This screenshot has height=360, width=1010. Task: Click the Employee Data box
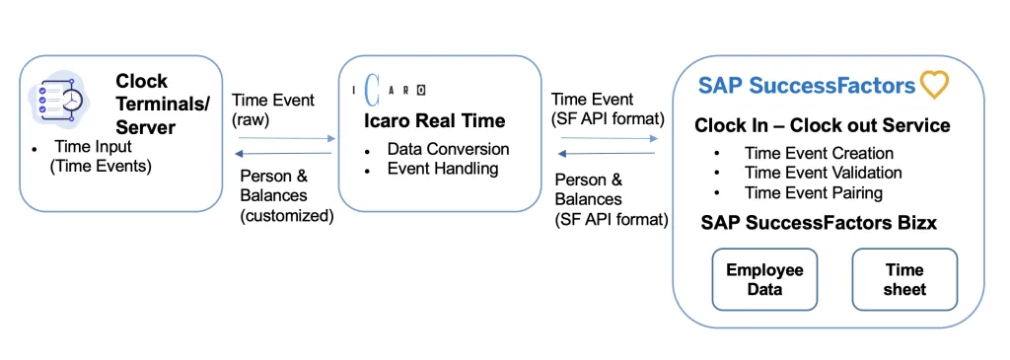pyautogui.click(x=764, y=279)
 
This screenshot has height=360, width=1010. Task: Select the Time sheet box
pyautogui.click(x=904, y=279)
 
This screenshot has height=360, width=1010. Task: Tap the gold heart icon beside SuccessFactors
pyautogui.click(x=935, y=85)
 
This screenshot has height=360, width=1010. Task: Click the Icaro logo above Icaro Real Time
pyautogui.click(x=389, y=91)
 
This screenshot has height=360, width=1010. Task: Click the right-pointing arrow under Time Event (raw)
pyautogui.click(x=287, y=138)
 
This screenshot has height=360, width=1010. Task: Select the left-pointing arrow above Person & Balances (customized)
pyautogui.click(x=283, y=153)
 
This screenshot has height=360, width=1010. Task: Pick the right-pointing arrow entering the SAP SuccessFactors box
pyautogui.click(x=609, y=138)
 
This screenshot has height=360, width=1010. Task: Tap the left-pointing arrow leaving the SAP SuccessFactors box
pyautogui.click(x=607, y=153)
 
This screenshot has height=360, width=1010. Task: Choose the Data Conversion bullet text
pyautogui.click(x=449, y=149)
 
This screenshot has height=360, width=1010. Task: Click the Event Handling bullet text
pyautogui.click(x=443, y=169)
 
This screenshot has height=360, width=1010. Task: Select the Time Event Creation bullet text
pyautogui.click(x=820, y=153)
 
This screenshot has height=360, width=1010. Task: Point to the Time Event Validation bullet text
pyautogui.click(x=824, y=173)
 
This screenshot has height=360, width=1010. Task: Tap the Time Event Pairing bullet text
pyautogui.click(x=814, y=192)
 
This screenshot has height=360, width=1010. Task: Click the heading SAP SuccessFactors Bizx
pyautogui.click(x=819, y=223)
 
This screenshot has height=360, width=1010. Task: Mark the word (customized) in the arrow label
pyautogui.click(x=287, y=216)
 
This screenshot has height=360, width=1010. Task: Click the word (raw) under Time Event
pyautogui.click(x=251, y=118)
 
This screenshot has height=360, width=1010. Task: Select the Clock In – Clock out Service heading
pyautogui.click(x=822, y=125)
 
